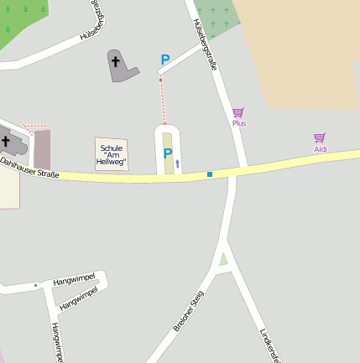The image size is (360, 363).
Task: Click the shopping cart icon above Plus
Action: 238,112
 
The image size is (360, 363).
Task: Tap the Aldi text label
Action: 321,149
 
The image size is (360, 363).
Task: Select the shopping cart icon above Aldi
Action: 320,137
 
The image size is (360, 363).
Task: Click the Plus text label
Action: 239,123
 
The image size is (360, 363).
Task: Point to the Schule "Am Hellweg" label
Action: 112,154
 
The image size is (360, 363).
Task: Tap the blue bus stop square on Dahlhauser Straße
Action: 210,174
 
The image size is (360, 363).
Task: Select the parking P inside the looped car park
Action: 168,153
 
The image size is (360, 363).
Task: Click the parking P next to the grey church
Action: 165,60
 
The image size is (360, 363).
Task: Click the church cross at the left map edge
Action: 6,142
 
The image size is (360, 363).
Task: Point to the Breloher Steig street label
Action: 189,311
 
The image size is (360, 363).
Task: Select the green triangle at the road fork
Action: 223,258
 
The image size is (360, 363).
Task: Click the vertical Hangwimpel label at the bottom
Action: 56,342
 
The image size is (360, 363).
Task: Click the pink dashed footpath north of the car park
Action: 163,101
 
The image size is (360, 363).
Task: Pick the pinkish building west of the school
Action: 42,149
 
